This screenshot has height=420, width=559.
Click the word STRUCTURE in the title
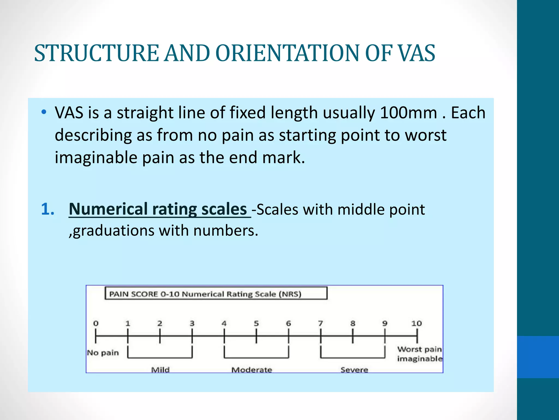pyautogui.click(x=97, y=53)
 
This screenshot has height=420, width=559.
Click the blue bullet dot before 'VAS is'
pyautogui.click(x=44, y=112)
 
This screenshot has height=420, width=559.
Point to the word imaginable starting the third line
pyautogui.click(x=96, y=158)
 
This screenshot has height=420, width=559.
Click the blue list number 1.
pyautogui.click(x=48, y=209)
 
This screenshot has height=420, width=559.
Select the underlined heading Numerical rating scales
pyautogui.click(x=158, y=209)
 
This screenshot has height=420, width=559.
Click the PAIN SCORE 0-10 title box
pyautogui.click(x=216, y=294)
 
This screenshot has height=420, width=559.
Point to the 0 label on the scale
pyautogui.click(x=96, y=323)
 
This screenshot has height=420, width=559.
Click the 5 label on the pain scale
pyautogui.click(x=256, y=323)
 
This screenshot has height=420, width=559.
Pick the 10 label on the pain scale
pyautogui.click(x=417, y=323)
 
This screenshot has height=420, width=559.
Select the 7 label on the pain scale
pyautogui.click(x=320, y=323)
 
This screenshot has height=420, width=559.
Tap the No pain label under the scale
pyautogui.click(x=103, y=353)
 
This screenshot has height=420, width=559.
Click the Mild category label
pyautogui.click(x=160, y=370)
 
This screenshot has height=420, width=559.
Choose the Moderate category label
pyautogui.click(x=252, y=370)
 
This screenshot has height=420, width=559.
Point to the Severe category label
pyautogui.click(x=354, y=370)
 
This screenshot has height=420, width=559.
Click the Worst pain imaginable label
pyautogui.click(x=420, y=354)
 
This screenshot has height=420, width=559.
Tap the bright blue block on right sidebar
pyautogui.click(x=538, y=357)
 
